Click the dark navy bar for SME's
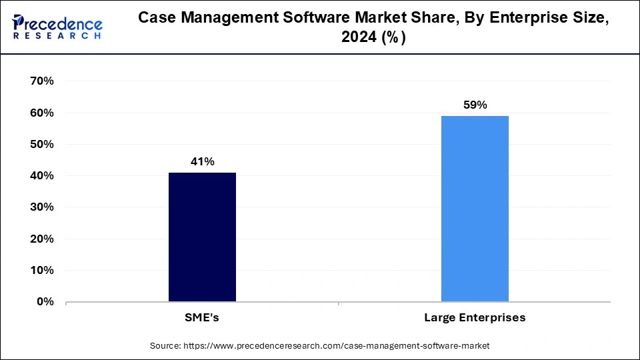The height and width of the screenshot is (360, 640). pos(202,237)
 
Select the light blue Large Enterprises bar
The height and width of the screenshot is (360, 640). pos(475,209)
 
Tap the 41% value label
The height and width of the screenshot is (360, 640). pos(202,161)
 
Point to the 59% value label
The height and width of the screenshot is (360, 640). pos(475,105)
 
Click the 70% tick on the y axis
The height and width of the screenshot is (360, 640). pos(41,81)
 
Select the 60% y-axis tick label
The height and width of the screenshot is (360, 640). pos(41,113)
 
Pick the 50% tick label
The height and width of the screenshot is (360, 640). pos(41,145)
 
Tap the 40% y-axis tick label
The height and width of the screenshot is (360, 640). pos(41,176)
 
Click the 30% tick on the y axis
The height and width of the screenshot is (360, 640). pos(41,207)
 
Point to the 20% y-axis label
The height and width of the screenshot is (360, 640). pos(41,239)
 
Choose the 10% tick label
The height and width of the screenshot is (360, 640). pos(41,270)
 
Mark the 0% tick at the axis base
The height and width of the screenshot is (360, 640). pos(44,301)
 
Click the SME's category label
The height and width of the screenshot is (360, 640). pos(202,318)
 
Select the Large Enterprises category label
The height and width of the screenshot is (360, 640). pos(475,318)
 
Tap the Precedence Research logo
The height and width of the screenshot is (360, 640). pos(57,27)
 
